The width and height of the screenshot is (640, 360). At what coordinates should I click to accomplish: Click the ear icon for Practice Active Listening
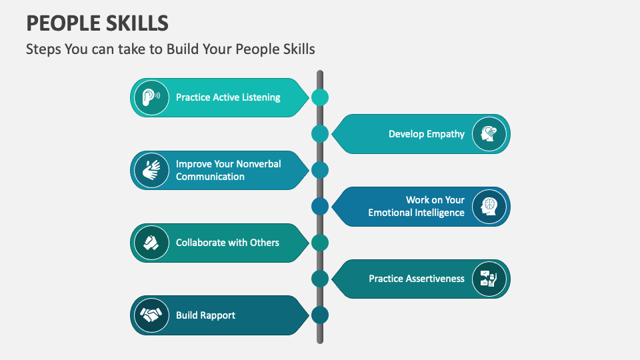(151, 97)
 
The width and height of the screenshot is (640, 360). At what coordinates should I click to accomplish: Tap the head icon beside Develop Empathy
(489, 134)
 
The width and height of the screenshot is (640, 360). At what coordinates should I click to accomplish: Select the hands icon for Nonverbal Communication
(151, 170)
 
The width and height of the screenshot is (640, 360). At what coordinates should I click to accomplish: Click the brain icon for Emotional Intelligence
(489, 207)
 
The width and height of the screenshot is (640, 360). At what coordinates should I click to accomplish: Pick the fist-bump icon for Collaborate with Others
(151, 243)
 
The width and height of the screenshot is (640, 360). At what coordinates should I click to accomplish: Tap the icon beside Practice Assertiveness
(489, 279)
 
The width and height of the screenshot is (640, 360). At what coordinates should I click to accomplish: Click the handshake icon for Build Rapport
(151, 315)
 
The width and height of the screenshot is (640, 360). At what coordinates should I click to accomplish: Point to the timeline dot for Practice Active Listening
(320, 97)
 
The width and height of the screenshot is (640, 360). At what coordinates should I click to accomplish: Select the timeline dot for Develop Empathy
(320, 134)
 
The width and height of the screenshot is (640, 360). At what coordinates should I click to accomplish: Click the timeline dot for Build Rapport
(320, 315)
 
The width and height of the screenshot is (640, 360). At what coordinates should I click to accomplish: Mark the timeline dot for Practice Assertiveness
(320, 279)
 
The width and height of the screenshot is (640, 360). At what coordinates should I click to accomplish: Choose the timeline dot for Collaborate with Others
(320, 243)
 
